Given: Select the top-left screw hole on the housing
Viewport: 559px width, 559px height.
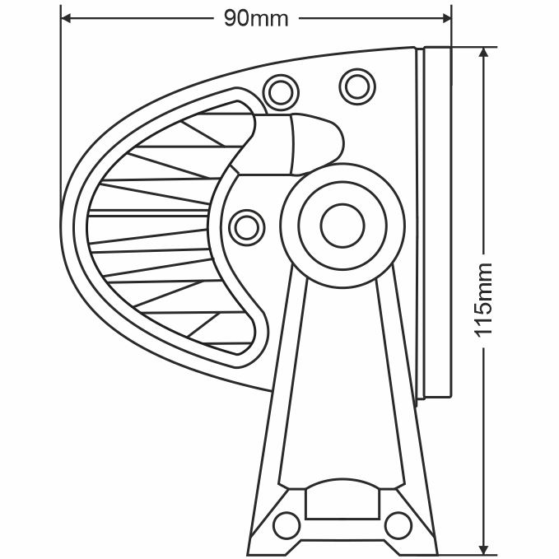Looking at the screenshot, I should click(279, 88).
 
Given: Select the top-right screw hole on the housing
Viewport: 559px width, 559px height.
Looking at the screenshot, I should click(356, 83).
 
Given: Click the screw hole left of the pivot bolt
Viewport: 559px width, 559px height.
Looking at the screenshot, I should click(245, 226).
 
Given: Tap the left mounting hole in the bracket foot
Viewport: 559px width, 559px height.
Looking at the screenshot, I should click(286, 523).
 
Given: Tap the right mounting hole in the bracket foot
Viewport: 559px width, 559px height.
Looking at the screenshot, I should click(398, 523).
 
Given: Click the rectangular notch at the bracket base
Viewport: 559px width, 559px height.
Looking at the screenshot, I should click(342, 503).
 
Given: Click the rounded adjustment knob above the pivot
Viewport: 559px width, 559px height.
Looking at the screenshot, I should click(313, 144).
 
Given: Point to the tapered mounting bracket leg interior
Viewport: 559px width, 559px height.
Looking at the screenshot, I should click(342, 379).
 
